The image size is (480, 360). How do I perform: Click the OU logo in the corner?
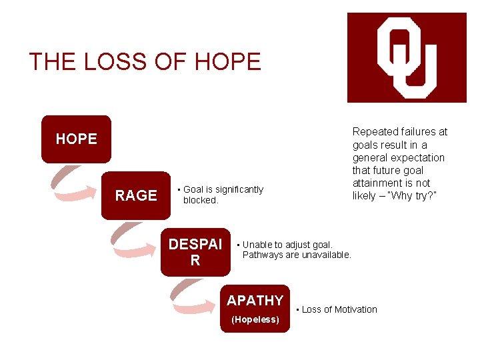click(x=407, y=57)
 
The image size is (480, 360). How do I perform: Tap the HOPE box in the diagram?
click(x=76, y=139)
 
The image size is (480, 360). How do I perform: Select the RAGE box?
click(x=136, y=195)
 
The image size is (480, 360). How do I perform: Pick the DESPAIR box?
click(x=195, y=252)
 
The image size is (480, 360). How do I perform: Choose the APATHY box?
click(x=255, y=308)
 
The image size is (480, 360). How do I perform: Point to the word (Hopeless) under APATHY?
click(x=255, y=320)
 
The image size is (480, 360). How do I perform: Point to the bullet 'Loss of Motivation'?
click(x=339, y=309)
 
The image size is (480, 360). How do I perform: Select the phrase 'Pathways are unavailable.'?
click(x=297, y=255)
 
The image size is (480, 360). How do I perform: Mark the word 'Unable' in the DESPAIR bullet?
click(x=257, y=245)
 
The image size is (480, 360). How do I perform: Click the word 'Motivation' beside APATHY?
click(x=356, y=309)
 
